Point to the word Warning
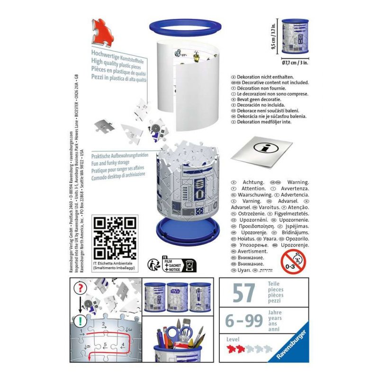(298, 182)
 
